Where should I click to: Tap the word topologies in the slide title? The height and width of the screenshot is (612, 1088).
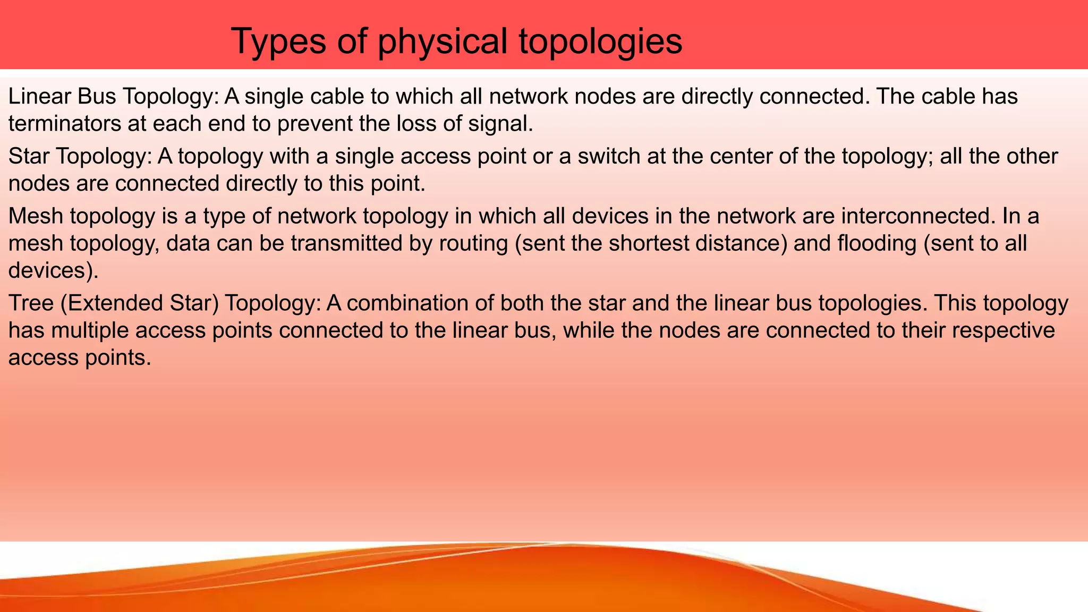tap(600, 41)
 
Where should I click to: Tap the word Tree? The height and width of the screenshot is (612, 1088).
tap(31, 303)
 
